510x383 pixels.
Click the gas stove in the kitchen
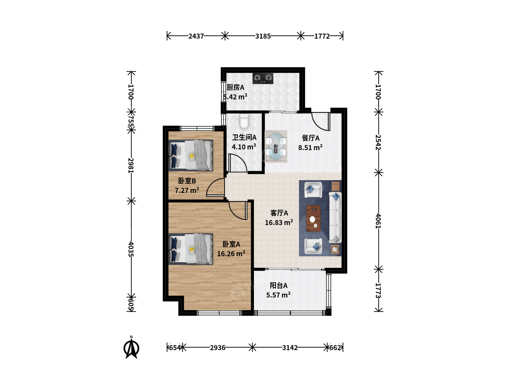click(263, 78)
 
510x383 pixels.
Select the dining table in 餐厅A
click(276, 146)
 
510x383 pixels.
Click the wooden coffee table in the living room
click(313, 218)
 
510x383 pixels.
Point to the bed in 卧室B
click(191, 155)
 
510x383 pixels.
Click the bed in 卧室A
click(191, 249)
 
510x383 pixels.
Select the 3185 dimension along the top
click(263, 36)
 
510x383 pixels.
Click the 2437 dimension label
click(196, 36)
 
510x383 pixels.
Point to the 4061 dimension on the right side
click(378, 221)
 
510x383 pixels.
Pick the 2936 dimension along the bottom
click(217, 348)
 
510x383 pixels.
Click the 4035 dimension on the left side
click(131, 249)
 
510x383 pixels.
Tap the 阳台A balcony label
click(279, 285)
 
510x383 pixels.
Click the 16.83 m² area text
click(279, 223)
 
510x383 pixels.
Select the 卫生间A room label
click(244, 138)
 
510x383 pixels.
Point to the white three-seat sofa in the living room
click(335, 217)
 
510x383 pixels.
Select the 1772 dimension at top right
click(322, 36)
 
